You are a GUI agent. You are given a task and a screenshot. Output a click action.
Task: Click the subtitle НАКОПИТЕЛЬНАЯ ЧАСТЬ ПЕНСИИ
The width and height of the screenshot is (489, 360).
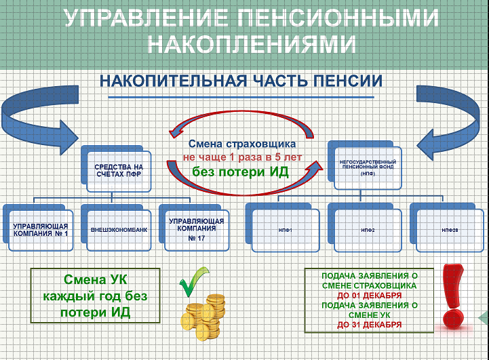[241, 81]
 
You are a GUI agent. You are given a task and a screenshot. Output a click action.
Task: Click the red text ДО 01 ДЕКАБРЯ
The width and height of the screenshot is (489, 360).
[369, 296]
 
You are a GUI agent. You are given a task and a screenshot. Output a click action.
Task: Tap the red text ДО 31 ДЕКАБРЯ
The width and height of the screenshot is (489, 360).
[369, 325]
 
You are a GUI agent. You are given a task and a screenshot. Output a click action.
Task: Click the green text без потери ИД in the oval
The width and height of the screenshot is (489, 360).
[240, 171]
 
